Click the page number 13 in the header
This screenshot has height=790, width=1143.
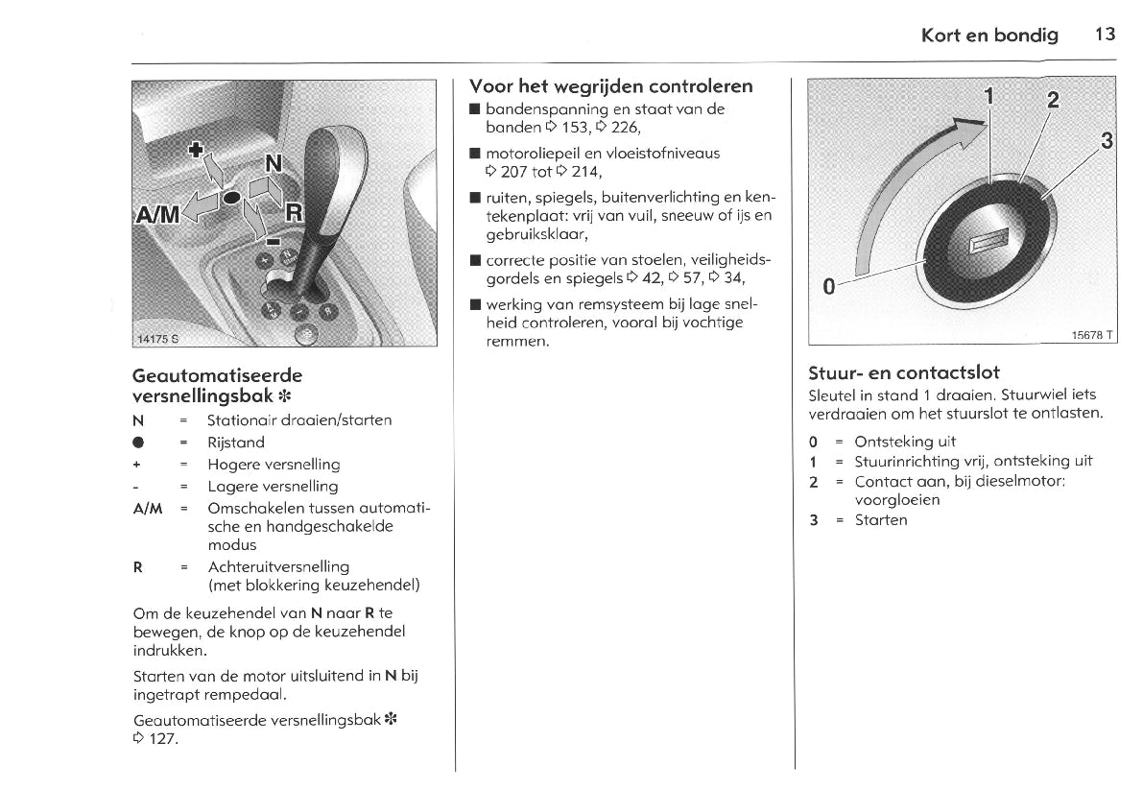tap(1105, 35)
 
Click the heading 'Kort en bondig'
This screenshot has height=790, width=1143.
tap(989, 36)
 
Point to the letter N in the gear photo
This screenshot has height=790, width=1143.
tap(274, 165)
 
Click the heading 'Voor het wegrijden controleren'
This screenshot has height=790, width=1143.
tap(610, 85)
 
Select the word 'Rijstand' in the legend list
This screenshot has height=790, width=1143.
tap(236, 443)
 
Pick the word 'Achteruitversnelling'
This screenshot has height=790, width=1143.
tap(278, 566)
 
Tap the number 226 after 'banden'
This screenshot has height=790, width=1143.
tap(624, 128)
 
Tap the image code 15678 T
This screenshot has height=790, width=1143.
tap(1092, 334)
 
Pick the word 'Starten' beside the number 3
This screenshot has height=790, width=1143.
tap(881, 520)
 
